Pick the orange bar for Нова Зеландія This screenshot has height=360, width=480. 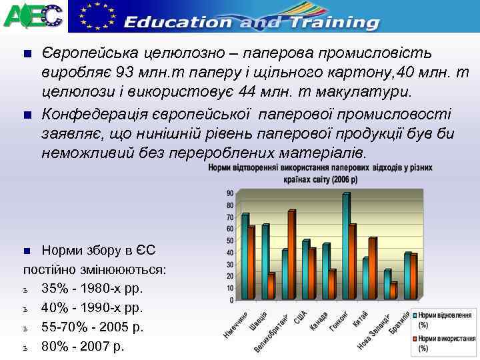394,291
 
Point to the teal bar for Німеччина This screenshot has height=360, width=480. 245,256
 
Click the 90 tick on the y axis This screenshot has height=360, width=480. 230,193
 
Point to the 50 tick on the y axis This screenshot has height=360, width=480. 230,241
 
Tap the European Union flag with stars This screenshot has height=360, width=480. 94,14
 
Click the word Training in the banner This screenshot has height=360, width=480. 331,22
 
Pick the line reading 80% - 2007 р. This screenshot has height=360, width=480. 83,347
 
